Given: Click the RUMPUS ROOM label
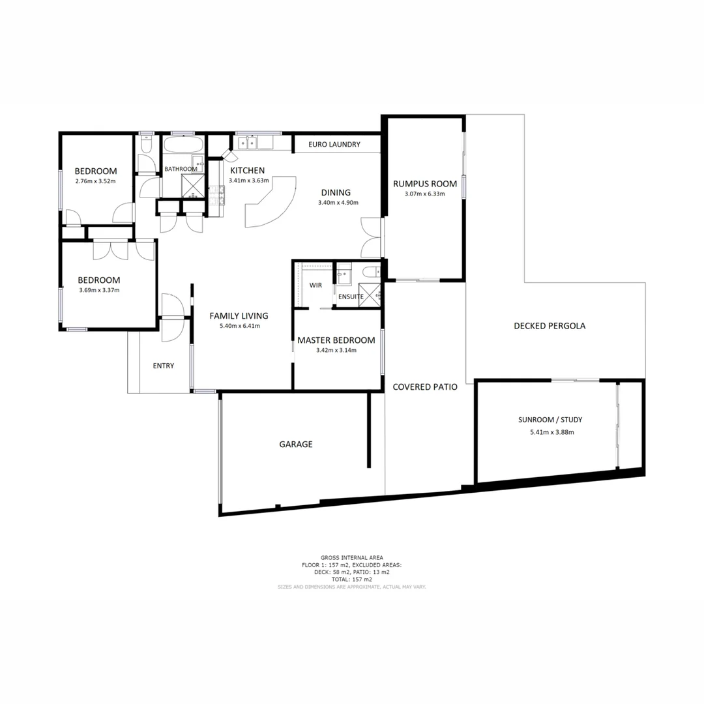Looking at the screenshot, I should (x=424, y=183).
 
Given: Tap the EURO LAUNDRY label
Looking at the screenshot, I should (x=334, y=145).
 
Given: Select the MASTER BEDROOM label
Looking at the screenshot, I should (x=336, y=340).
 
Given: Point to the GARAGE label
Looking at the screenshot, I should (x=296, y=444).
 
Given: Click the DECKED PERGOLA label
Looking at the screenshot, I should (x=549, y=326).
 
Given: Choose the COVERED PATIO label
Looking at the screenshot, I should (x=424, y=387).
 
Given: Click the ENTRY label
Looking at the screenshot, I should (x=163, y=366).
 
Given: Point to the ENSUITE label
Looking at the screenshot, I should (x=351, y=297).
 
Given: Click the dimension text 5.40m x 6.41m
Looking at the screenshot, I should (x=239, y=326).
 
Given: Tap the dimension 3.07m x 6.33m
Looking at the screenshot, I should (x=424, y=194).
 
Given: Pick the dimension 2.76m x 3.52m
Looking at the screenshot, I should (x=95, y=181).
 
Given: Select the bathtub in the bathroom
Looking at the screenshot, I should (x=183, y=145).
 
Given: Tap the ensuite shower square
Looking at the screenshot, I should (x=370, y=295).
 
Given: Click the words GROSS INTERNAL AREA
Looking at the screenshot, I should (x=351, y=557).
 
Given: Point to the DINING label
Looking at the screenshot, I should (x=336, y=192).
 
